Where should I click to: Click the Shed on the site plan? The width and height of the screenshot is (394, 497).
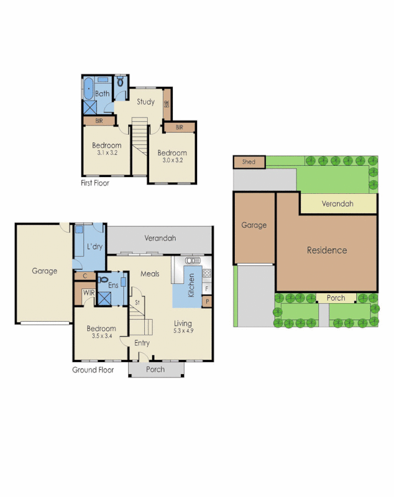click(x=249, y=162)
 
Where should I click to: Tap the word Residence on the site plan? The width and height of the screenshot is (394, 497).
click(x=327, y=250)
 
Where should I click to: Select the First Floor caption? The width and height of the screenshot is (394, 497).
click(x=95, y=183)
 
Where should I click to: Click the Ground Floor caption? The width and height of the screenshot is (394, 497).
click(x=93, y=370)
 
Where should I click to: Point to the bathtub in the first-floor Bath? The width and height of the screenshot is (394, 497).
click(x=89, y=89)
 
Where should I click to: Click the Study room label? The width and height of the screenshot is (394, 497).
click(x=145, y=102)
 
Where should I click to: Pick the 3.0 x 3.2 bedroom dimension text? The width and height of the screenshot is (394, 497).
click(x=172, y=160)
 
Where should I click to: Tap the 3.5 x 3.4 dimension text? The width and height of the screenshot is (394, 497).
click(x=100, y=336)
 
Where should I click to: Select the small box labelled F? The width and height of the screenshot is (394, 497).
click(x=207, y=289)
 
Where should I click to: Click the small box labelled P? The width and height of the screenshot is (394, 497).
click(x=207, y=302)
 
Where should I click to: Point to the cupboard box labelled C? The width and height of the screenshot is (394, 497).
click(x=84, y=276)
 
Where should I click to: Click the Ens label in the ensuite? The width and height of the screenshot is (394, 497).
click(x=113, y=285)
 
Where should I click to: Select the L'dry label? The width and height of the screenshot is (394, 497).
click(x=94, y=247)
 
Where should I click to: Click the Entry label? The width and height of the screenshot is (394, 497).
click(x=142, y=343)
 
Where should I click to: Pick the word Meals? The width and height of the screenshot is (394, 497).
click(x=150, y=273)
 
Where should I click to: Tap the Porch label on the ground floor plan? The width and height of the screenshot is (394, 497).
click(x=155, y=370)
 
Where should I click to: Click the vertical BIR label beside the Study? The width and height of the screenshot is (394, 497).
click(x=167, y=105)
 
